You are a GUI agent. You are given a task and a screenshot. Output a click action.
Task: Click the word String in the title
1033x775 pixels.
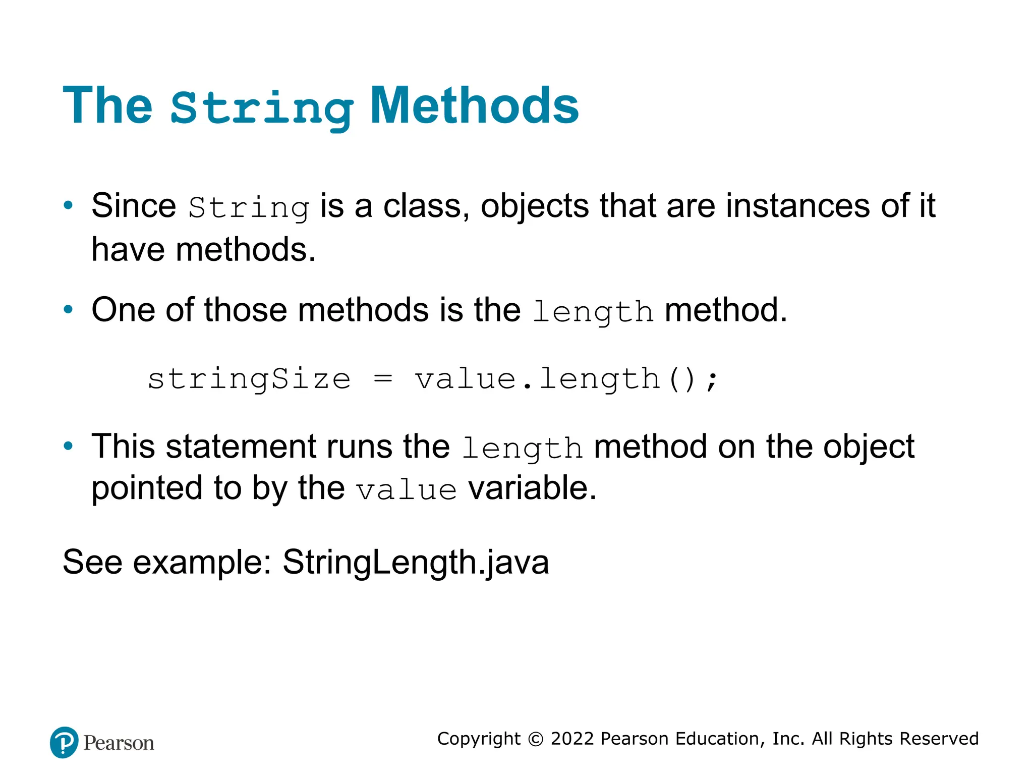(x=262, y=108)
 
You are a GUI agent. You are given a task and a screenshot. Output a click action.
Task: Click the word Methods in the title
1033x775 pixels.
(x=474, y=105)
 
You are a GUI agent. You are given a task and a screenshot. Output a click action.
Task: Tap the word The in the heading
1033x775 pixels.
(x=107, y=105)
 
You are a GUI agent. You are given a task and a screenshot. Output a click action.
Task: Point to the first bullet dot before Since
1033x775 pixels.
(x=68, y=206)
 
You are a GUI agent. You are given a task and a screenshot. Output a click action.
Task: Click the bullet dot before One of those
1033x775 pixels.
(x=68, y=310)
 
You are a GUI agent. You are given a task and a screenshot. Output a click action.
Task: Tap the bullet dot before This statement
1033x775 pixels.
(x=68, y=446)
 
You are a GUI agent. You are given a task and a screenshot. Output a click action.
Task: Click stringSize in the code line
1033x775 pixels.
(x=249, y=379)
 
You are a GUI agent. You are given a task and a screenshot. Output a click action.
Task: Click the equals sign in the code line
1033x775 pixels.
(x=383, y=378)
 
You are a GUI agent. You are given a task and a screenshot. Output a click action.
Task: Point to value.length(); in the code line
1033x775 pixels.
(x=565, y=379)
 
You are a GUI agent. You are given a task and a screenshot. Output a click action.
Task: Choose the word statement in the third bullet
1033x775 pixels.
(x=242, y=447)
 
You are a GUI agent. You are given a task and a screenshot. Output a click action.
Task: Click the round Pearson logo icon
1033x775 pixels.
(x=64, y=742)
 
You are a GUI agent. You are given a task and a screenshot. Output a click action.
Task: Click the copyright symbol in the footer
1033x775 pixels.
(x=536, y=739)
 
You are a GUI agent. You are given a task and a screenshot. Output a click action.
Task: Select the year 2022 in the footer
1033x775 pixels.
(x=572, y=739)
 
